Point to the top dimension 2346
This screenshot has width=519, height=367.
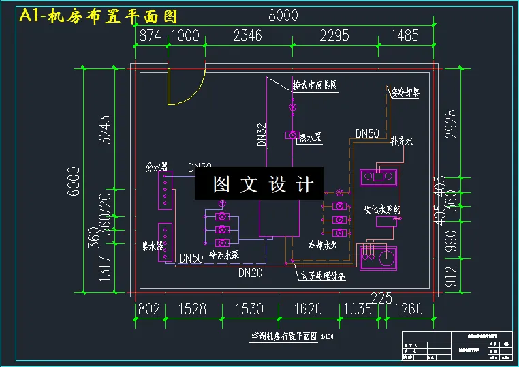coord(247,35)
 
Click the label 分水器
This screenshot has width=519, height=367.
coord(157,166)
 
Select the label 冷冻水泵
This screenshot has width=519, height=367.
coord(223,255)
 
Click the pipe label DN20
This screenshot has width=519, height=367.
coord(251,273)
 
